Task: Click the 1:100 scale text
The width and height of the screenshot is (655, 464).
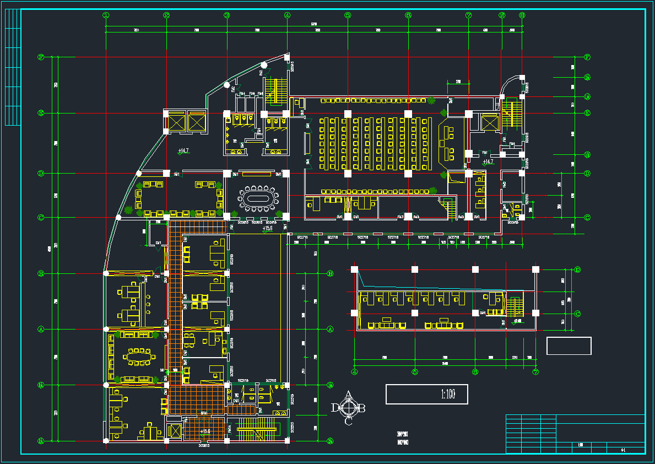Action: point(448,395)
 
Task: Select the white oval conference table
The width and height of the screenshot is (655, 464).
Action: point(258,198)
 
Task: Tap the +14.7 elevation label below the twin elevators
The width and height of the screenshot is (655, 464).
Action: point(183,150)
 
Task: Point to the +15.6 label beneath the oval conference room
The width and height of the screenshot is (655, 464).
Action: point(267,228)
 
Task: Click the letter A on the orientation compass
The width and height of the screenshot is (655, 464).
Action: point(349,395)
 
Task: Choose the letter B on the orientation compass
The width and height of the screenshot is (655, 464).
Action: point(362,408)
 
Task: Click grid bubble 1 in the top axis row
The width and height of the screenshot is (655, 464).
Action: point(106,15)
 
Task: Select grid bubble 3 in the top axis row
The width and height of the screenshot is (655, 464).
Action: point(226,15)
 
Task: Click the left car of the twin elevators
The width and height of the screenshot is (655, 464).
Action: point(176,121)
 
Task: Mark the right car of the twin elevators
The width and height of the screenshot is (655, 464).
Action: point(196,121)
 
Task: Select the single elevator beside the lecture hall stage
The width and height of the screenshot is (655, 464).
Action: point(489,122)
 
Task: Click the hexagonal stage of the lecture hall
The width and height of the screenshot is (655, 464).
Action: point(446,143)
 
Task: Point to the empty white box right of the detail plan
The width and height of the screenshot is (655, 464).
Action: point(569,346)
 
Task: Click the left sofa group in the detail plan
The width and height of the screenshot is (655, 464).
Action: point(387,324)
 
